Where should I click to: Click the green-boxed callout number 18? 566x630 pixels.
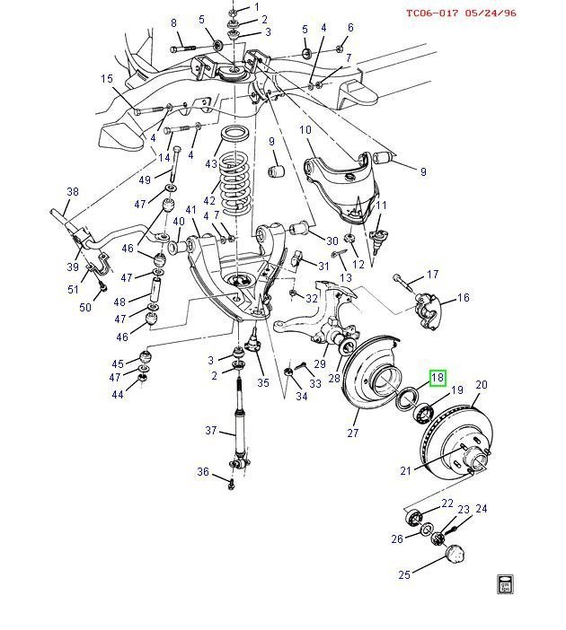[x=438, y=377]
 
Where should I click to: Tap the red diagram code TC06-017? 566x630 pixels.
[x=432, y=13]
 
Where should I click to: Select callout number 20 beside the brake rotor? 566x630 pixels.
[x=482, y=384]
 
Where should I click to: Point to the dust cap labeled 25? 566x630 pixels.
[x=455, y=555]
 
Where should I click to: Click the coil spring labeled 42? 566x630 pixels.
[x=234, y=187]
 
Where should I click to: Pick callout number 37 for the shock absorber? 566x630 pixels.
[x=211, y=430]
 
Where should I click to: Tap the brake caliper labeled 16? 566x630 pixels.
[x=428, y=311]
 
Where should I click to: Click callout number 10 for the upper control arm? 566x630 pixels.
[x=305, y=130]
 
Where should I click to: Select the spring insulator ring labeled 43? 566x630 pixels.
[x=235, y=133]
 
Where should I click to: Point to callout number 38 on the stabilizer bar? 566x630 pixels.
[x=73, y=192]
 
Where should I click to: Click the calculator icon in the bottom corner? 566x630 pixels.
[x=505, y=584]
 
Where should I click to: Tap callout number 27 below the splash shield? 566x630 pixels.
[x=353, y=433]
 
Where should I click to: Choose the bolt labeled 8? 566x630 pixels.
[x=182, y=48]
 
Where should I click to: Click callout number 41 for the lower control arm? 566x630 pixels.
[x=190, y=210]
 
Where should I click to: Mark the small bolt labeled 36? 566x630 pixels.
[x=232, y=486]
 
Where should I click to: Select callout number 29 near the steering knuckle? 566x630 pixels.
[x=320, y=364]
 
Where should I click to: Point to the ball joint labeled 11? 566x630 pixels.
[x=377, y=240]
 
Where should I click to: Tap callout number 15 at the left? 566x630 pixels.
[x=107, y=78]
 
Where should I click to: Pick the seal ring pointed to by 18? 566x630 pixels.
[x=407, y=398]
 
